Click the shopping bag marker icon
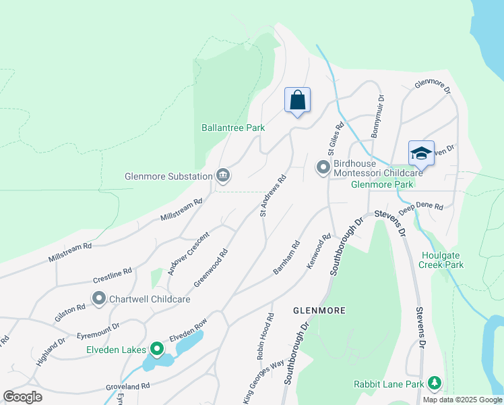pos(297,101)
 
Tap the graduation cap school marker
pos(421,153)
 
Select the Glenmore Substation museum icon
pos(223,176)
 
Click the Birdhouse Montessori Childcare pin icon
pos(323,166)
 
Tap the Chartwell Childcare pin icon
pos(99,298)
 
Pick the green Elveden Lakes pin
pos(157,349)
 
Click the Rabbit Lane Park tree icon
pos(435,384)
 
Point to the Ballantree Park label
pos(233,128)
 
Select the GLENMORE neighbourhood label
pos(319,310)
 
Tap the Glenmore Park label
pos(381,184)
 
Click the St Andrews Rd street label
pos(274,196)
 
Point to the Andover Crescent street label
pos(189,254)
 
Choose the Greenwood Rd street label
pos(211,267)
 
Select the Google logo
pos(23,397)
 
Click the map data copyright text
pos(462,400)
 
